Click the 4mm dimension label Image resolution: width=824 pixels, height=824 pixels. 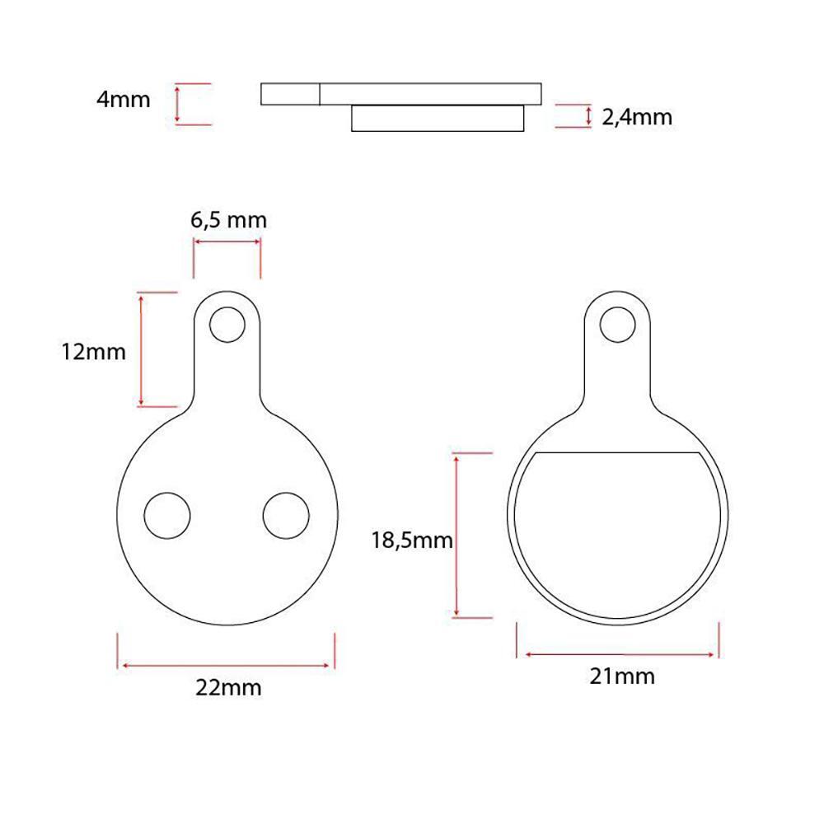pos(124,100)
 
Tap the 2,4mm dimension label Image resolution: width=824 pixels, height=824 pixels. pos(637,117)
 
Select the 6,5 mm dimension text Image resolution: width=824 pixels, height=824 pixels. pos(228,220)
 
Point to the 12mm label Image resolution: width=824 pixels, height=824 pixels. pos(94,352)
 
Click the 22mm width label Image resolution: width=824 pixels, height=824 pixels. pos(228,687)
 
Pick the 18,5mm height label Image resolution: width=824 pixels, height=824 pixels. pos(412,541)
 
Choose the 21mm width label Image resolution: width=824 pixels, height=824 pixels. pos(622,677)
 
